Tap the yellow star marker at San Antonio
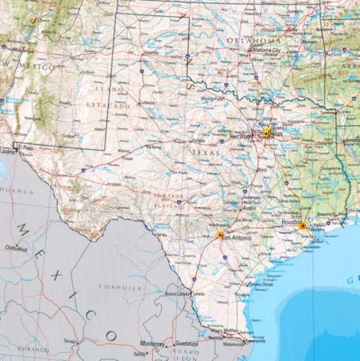(x=220, y=236)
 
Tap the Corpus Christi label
(x=261, y=283)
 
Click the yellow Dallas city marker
(x=267, y=133)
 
